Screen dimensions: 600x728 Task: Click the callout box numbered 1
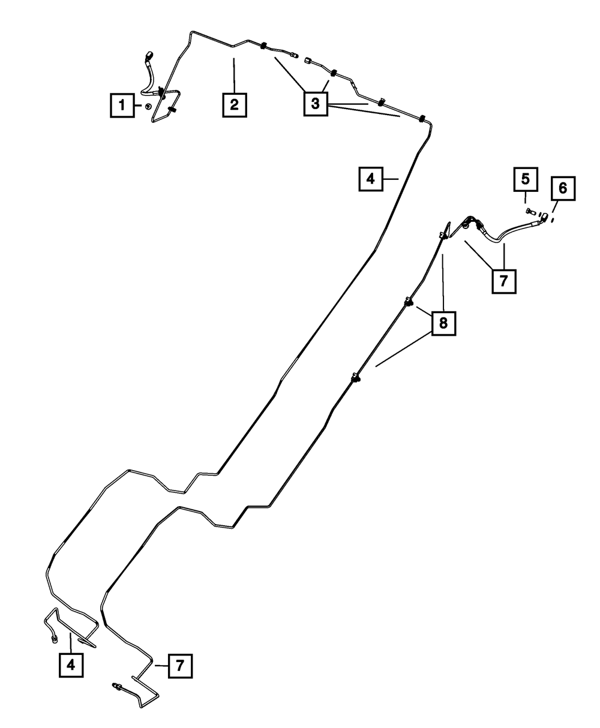click(x=122, y=107)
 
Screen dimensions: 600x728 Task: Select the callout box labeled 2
click(x=234, y=104)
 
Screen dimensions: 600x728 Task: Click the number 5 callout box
click(x=525, y=179)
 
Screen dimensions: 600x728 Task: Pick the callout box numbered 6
click(x=562, y=188)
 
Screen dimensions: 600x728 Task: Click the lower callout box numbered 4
click(x=71, y=664)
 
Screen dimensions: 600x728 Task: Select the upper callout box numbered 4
click(x=371, y=179)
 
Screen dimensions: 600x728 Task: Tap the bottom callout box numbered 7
click(x=181, y=666)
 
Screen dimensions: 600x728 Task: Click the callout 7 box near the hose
click(x=503, y=280)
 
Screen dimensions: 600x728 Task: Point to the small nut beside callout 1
click(x=146, y=107)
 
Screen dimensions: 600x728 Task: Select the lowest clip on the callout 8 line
click(x=356, y=378)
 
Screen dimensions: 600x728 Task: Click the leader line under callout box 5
click(x=525, y=196)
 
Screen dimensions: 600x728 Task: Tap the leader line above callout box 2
click(x=234, y=74)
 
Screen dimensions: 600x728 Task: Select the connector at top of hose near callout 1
click(x=150, y=58)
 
